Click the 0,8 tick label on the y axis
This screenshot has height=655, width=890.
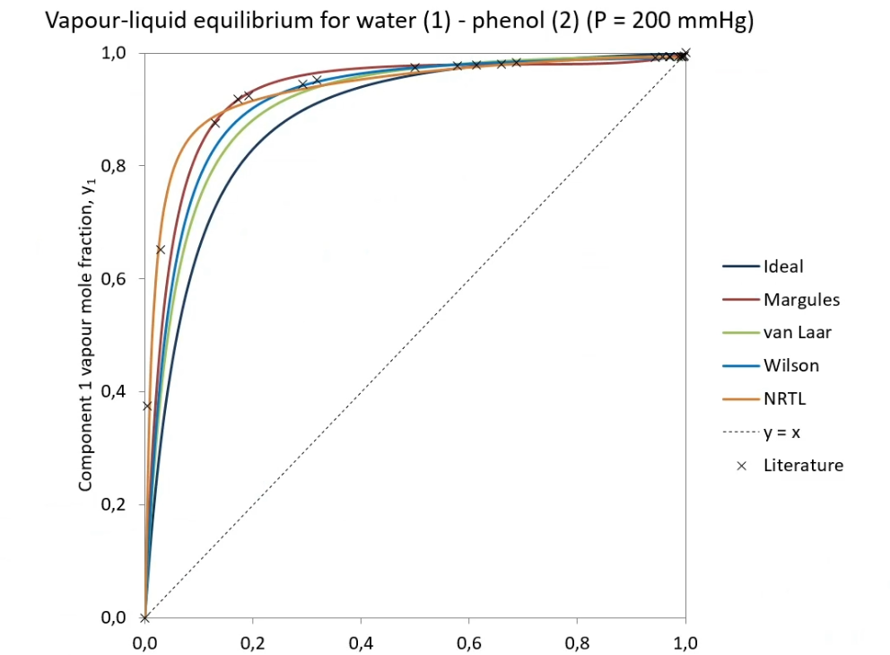[x=113, y=166]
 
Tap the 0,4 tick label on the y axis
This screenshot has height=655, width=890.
[x=113, y=391]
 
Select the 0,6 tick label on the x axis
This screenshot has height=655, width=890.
[x=469, y=643]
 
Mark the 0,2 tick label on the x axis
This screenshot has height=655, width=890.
[x=253, y=643]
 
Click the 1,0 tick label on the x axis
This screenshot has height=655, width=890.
[x=685, y=643]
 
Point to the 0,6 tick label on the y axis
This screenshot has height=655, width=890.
[x=113, y=279]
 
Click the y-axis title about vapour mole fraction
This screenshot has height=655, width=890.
[x=86, y=335]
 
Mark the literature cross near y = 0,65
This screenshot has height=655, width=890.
[x=160, y=249]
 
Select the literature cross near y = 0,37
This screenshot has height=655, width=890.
[x=147, y=406]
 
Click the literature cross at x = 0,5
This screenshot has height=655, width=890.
[x=414, y=67]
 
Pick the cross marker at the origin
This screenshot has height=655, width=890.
[x=144, y=617]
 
